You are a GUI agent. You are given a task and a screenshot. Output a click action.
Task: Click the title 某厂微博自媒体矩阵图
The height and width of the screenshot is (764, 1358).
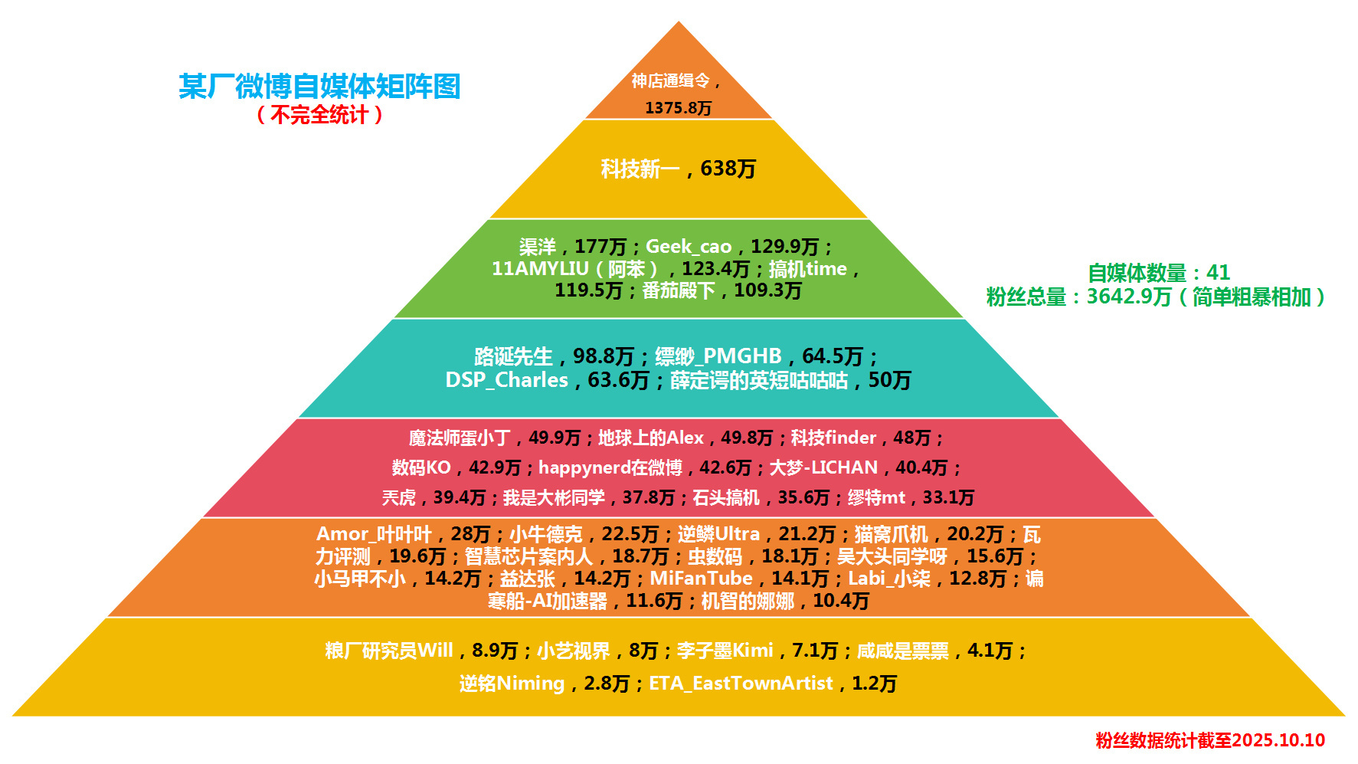[319, 87]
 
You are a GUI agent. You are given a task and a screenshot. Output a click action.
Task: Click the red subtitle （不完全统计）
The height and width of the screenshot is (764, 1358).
[319, 115]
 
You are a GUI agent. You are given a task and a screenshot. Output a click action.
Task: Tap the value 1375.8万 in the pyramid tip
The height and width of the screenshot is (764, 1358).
[678, 108]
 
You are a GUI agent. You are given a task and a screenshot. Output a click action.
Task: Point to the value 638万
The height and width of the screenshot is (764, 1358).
[728, 169]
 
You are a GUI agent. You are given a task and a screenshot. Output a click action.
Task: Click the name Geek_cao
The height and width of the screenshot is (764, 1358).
[689, 247]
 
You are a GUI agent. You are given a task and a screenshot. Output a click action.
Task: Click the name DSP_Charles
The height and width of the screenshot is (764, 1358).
[506, 380]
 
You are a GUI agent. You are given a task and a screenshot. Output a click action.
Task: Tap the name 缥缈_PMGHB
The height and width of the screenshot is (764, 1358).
[718, 356]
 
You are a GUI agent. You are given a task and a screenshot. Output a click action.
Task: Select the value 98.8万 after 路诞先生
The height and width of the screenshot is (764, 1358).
[603, 356]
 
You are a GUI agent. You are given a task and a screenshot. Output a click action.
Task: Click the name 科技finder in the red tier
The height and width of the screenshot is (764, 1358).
[833, 438]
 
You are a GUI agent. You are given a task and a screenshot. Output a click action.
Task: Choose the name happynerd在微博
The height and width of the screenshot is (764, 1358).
[610, 467]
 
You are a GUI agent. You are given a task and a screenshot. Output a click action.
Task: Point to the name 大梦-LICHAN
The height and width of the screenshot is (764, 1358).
[823, 467]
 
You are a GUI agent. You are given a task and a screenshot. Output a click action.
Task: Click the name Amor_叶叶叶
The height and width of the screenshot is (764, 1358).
[374, 534]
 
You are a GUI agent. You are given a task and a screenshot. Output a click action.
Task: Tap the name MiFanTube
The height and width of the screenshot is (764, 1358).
[701, 579]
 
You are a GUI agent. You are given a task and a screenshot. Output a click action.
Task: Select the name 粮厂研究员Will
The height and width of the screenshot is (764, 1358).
[389, 651]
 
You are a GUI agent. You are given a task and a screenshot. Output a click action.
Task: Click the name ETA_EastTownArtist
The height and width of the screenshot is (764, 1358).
[741, 683]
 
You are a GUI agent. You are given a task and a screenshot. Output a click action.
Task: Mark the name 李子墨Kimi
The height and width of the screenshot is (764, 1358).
[725, 651]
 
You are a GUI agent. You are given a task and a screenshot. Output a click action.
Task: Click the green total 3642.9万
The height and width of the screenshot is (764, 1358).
[1129, 297]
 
